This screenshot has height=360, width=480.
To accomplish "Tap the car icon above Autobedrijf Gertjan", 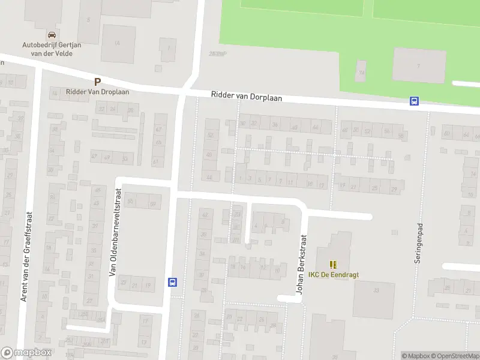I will (x=51, y=35).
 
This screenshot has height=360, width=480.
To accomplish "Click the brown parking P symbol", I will (x=97, y=82).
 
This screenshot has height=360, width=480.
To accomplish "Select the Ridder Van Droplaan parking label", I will (x=97, y=92).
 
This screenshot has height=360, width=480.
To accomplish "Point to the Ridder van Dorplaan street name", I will (x=246, y=97).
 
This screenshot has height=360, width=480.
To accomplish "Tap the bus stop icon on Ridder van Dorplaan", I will (x=414, y=101).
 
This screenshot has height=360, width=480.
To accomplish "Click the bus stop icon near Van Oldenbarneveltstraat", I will (x=172, y=282).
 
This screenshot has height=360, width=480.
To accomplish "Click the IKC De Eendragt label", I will (x=333, y=275).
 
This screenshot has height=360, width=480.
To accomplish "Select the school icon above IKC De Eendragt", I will (x=333, y=264).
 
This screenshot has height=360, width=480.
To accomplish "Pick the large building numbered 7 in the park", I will (x=419, y=65).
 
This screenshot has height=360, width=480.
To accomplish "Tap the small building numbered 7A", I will (x=361, y=71).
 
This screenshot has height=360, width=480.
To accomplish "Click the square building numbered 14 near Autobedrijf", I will (x=118, y=43).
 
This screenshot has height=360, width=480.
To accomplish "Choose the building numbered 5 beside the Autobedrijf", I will (x=89, y=20).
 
